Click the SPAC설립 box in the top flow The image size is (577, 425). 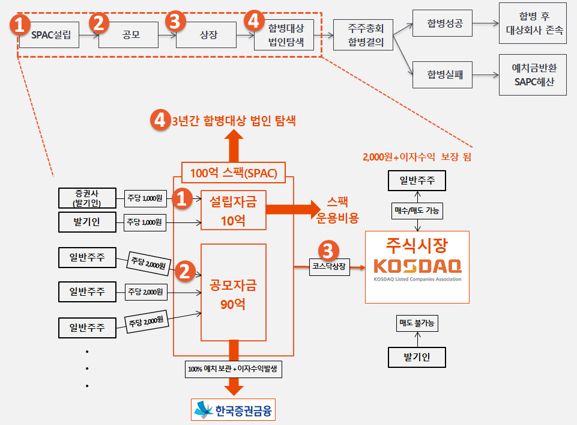point(49,35)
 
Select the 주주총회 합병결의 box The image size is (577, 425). point(363,35)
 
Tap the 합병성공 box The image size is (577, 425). point(443,23)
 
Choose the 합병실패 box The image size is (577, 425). point(443,75)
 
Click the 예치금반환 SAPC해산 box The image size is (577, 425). point(533,75)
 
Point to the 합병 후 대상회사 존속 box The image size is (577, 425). point(533,23)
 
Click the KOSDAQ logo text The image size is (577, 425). point(417,266)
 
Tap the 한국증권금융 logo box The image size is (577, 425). point(234,409)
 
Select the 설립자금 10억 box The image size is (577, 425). point(234,210)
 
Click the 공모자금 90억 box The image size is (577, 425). point(234,292)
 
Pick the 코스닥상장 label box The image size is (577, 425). point(329,266)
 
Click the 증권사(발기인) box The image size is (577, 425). point(87,198)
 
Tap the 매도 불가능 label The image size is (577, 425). point(417,323)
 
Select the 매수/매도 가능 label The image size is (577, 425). point(417,210)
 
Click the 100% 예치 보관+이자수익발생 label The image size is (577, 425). point(234,369)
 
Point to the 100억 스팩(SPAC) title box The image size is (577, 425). point(234,173)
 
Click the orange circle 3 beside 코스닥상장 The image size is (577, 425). point(328,251)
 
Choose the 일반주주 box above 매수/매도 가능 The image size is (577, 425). point(417,180)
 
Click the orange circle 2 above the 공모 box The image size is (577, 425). point(99,22)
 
